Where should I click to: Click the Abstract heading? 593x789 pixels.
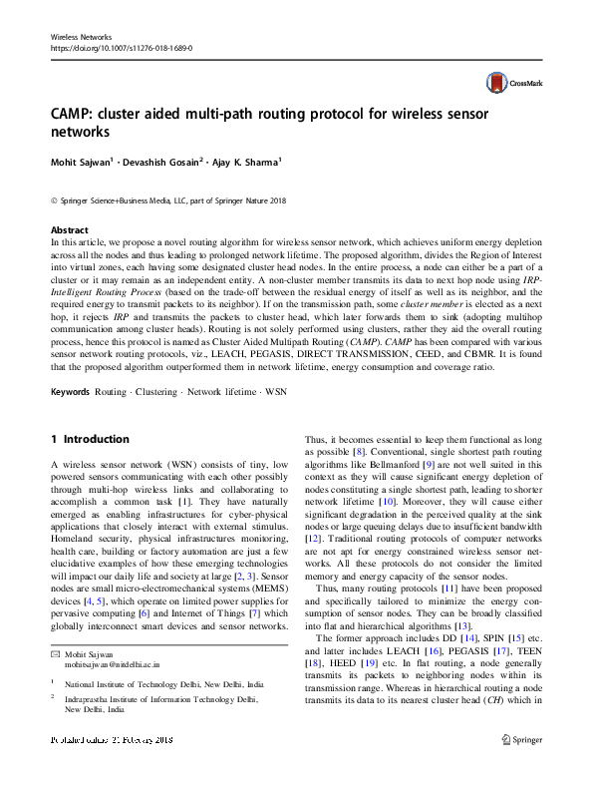point(69,230)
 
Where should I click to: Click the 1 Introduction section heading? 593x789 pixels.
point(89,439)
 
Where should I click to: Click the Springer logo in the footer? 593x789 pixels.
point(520,768)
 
